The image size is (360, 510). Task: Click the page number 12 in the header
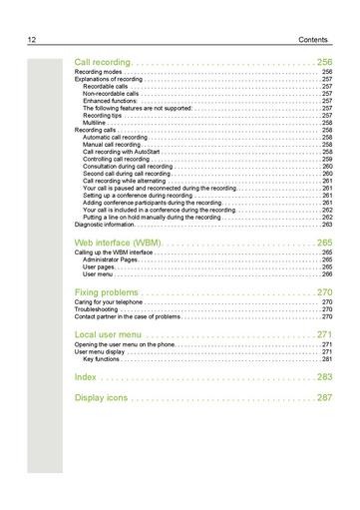click(x=33, y=39)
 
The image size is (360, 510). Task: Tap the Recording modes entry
click(x=99, y=73)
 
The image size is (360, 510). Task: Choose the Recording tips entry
click(x=103, y=115)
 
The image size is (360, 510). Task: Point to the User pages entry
click(x=98, y=266)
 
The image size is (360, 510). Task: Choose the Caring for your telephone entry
click(x=109, y=301)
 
